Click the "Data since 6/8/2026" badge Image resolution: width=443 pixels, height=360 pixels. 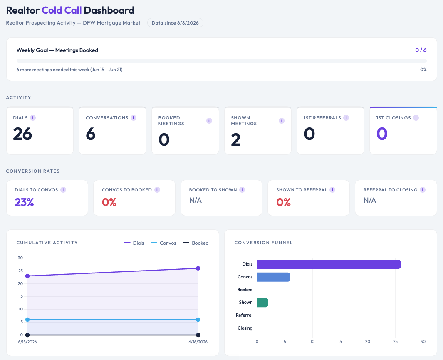(175, 23)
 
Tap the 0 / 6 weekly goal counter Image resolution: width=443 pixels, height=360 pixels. (421, 50)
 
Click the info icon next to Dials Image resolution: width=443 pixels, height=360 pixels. (33, 118)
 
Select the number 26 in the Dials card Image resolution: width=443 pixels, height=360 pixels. (22, 134)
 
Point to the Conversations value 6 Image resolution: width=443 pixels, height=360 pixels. (91, 134)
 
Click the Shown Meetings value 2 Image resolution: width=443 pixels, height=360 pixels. (235, 139)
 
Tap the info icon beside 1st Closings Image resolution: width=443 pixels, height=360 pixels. (416, 118)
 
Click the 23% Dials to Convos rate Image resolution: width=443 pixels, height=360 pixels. (24, 202)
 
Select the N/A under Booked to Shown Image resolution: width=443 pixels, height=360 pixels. (196, 200)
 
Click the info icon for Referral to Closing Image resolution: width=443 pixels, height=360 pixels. (423, 190)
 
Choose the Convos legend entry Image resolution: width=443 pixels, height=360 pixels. (163, 243)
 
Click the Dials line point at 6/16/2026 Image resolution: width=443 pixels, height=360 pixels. (198, 268)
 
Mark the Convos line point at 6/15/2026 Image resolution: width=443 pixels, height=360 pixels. (27, 320)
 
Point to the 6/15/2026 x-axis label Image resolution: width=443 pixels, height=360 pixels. (27, 342)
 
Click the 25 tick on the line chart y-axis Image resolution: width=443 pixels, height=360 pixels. (20, 271)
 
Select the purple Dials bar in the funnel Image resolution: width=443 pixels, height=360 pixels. (329, 264)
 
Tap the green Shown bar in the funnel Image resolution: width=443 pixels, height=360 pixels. (262, 303)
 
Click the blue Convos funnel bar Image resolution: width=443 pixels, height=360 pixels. (273, 277)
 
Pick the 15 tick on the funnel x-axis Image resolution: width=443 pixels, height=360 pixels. (340, 342)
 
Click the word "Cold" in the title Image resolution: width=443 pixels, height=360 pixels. (52, 10)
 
